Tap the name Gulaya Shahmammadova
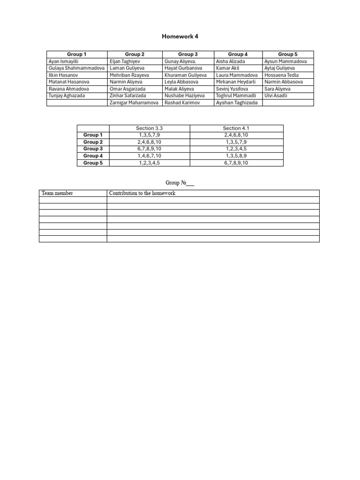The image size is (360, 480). [x=77, y=68]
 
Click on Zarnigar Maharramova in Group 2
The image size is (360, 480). [x=134, y=103]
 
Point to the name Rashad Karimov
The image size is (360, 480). [x=182, y=103]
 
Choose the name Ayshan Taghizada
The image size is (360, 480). [x=237, y=103]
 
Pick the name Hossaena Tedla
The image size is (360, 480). [x=282, y=75]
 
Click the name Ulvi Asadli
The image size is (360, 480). [x=276, y=96]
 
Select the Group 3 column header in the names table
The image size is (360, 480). [x=188, y=54]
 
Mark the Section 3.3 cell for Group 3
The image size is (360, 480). [x=149, y=149]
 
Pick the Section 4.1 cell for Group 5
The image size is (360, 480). [x=236, y=163]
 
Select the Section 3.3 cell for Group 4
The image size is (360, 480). [x=149, y=156]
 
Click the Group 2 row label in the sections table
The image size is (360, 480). [x=93, y=142]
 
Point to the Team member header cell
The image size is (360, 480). [x=57, y=193]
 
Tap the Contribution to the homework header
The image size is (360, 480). [x=142, y=193]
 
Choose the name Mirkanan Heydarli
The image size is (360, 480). [x=236, y=82]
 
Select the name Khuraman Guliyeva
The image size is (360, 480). [x=186, y=75]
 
